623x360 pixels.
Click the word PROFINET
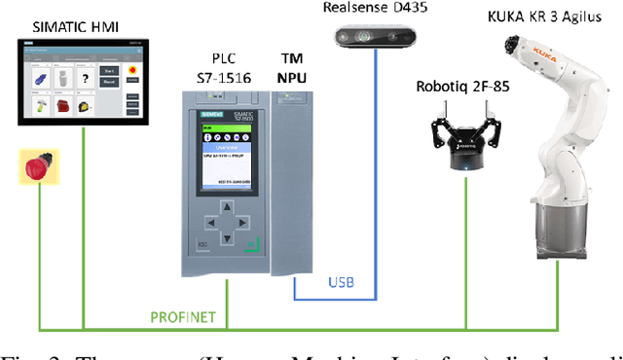pyautogui.click(x=182, y=316)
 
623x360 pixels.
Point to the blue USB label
pyautogui.click(x=341, y=283)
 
